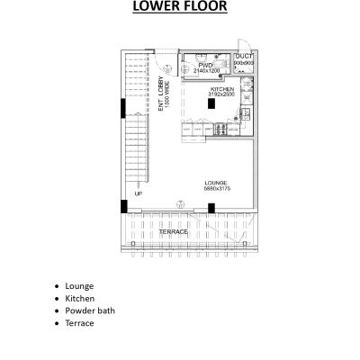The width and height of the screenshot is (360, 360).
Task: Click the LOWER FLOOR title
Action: (179, 9)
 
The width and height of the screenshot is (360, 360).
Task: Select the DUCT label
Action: (243, 56)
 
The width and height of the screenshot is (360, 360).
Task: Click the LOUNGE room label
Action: (215, 183)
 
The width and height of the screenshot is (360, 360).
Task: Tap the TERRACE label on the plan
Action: (173, 231)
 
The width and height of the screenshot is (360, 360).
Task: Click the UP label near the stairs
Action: (138, 193)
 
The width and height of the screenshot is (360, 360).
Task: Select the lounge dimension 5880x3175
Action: (216, 189)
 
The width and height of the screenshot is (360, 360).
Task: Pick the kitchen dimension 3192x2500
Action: (221, 95)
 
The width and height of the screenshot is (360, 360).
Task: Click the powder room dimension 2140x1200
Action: (206, 70)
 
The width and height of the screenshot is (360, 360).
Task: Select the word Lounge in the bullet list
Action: (79, 285)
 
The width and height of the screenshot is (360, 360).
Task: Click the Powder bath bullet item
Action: (90, 310)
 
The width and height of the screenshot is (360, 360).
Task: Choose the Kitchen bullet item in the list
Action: (80, 298)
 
